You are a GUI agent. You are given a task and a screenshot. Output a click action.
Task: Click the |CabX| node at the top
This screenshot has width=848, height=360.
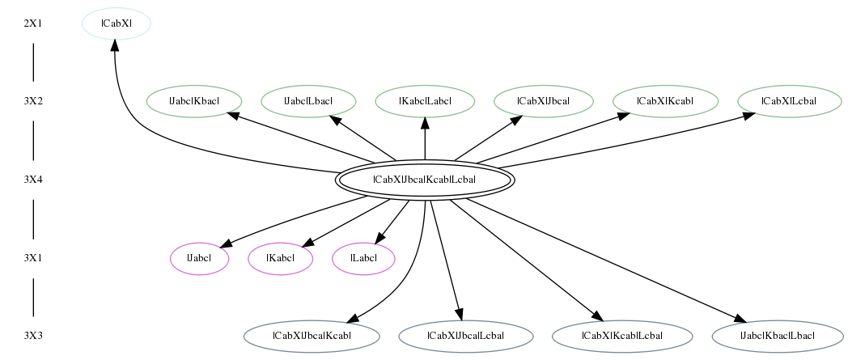tap(117, 23)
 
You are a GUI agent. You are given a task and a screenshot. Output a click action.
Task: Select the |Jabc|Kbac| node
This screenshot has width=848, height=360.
tap(194, 101)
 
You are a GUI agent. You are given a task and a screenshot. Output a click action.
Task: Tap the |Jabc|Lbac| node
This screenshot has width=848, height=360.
tap(308, 101)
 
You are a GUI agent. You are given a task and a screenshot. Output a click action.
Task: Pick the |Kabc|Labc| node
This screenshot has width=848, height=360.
tap(425, 101)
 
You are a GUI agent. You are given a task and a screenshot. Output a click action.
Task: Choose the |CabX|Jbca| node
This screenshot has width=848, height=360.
tap(544, 101)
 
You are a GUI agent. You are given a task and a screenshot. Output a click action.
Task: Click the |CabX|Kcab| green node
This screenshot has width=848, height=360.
tap(665, 101)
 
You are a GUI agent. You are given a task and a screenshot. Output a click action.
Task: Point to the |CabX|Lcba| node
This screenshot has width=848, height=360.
tap(790, 101)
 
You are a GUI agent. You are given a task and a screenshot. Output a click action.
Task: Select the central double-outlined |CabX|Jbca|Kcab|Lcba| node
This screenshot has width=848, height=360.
tap(425, 180)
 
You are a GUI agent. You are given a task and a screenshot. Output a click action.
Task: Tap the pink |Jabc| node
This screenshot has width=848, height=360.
tap(200, 258)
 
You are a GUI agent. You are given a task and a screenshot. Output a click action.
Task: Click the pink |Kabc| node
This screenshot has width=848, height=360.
tap(281, 258)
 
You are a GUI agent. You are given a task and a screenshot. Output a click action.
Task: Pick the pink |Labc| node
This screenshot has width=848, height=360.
tap(363, 258)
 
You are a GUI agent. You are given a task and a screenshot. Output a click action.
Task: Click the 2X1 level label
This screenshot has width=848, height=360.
tap(33, 23)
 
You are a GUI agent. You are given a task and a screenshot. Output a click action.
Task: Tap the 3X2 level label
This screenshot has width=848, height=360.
tap(33, 101)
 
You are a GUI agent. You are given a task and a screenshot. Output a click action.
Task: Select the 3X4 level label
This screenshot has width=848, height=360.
tap(33, 180)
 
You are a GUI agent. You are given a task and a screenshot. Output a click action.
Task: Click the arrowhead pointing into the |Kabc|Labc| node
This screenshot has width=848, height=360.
tap(425, 123)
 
